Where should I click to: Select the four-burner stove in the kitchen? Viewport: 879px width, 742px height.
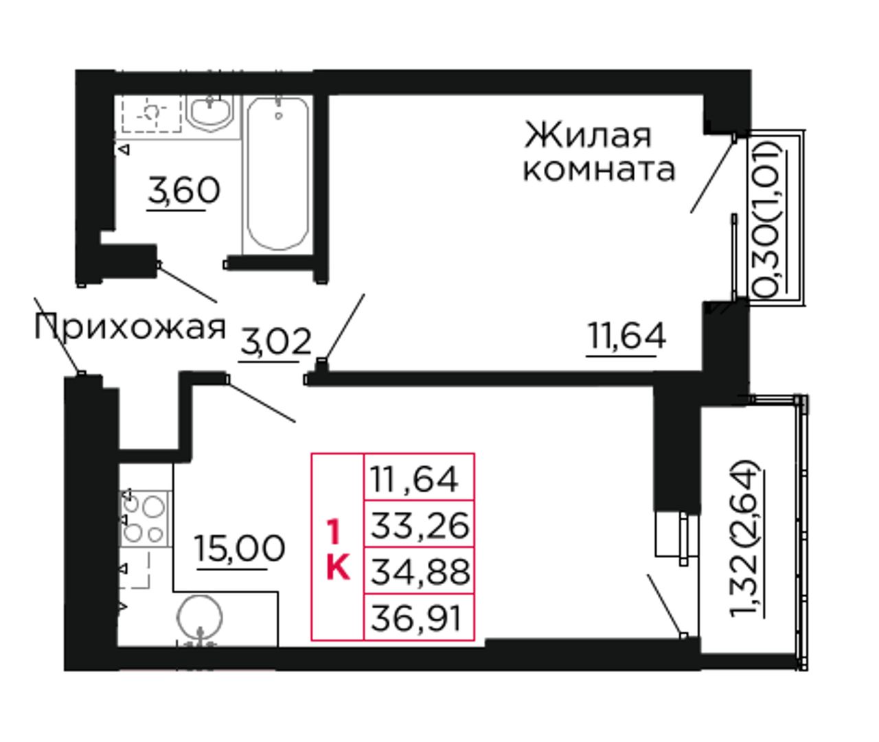tap(144, 518)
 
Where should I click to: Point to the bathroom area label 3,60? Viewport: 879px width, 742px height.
tap(184, 192)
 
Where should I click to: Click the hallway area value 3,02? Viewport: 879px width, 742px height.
tap(276, 342)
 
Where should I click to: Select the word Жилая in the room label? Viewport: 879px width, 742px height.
tap(588, 136)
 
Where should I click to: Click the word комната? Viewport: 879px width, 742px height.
tap(599, 169)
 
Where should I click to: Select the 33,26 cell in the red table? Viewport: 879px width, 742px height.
tap(420, 525)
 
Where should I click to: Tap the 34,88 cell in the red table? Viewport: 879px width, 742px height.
tap(420, 572)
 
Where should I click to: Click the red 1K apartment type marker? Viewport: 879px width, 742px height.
tap(338, 549)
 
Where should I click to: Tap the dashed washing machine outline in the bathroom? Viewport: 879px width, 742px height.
tap(152, 114)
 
